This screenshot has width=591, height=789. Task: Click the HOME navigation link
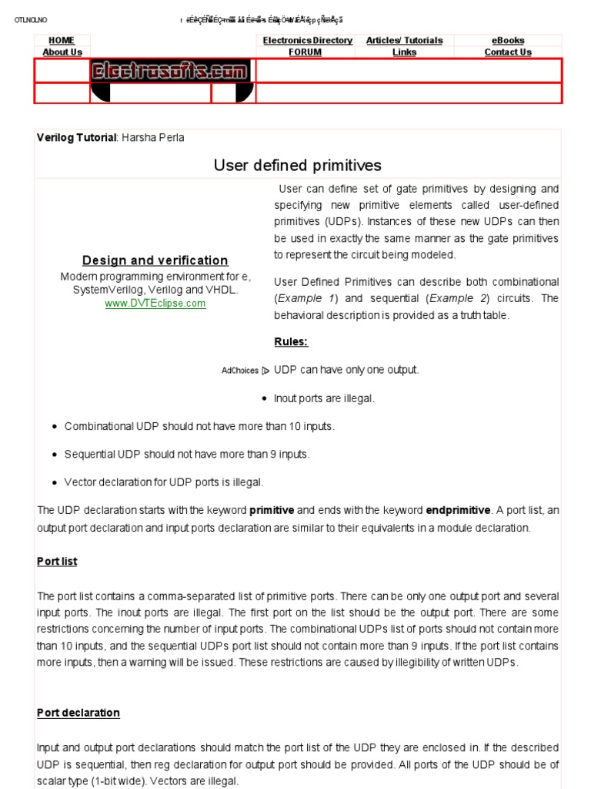click(62, 40)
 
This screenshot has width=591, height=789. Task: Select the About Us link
click(62, 52)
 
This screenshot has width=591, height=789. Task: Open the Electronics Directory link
click(308, 40)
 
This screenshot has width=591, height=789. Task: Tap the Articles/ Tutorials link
click(404, 40)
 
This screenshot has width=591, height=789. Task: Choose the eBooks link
click(508, 40)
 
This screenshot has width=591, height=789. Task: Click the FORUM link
click(305, 52)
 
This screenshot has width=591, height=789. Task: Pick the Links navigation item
click(404, 52)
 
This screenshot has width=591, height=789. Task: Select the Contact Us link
click(508, 52)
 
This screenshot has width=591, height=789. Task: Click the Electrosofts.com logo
click(170, 72)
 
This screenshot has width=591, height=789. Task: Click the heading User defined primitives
click(297, 166)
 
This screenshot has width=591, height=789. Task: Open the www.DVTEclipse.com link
click(155, 304)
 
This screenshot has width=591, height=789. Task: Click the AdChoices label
click(240, 371)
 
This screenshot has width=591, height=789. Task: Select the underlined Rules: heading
click(291, 341)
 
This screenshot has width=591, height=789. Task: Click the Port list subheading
click(57, 562)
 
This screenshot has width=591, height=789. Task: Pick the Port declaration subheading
click(78, 713)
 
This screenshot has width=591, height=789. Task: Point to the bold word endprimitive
click(458, 510)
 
